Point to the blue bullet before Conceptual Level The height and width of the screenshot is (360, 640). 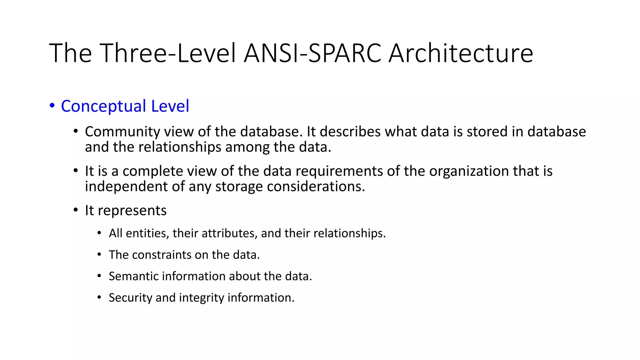52,106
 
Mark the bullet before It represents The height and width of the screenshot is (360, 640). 76,210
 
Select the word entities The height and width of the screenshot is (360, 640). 146,233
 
